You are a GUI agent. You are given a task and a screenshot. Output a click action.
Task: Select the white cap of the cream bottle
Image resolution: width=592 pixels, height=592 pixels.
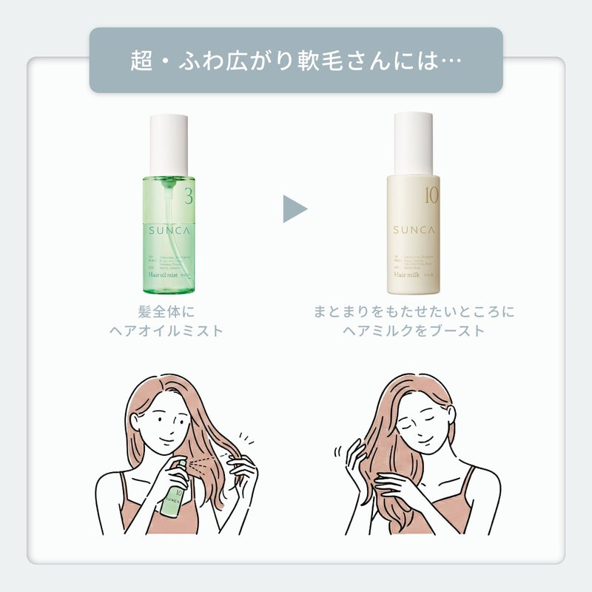413,143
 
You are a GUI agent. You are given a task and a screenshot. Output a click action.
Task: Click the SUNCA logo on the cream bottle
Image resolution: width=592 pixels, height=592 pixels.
413,230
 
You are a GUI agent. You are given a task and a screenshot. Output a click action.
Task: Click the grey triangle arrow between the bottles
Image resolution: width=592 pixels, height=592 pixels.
294,209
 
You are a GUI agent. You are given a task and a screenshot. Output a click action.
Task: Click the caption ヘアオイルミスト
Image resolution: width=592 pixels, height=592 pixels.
166,331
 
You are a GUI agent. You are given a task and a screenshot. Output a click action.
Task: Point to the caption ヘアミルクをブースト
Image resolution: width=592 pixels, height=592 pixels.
414,331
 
